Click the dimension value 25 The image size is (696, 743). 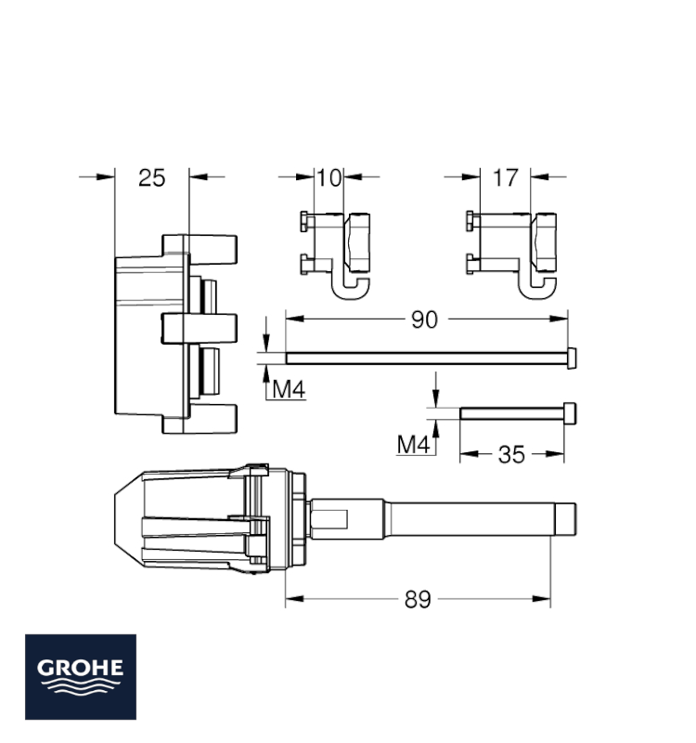coord(151,178)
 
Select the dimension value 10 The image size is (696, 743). coord(329,178)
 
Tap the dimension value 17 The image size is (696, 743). coord(505,178)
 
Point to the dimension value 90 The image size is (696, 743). coord(424,320)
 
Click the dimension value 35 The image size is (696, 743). coord(511,455)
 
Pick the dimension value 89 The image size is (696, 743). coord(418,600)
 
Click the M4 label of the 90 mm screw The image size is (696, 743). coord(289,389)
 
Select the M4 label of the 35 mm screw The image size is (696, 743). coord(413,445)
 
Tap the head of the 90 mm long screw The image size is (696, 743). coord(572,358)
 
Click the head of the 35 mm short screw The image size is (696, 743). coord(570,413)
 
